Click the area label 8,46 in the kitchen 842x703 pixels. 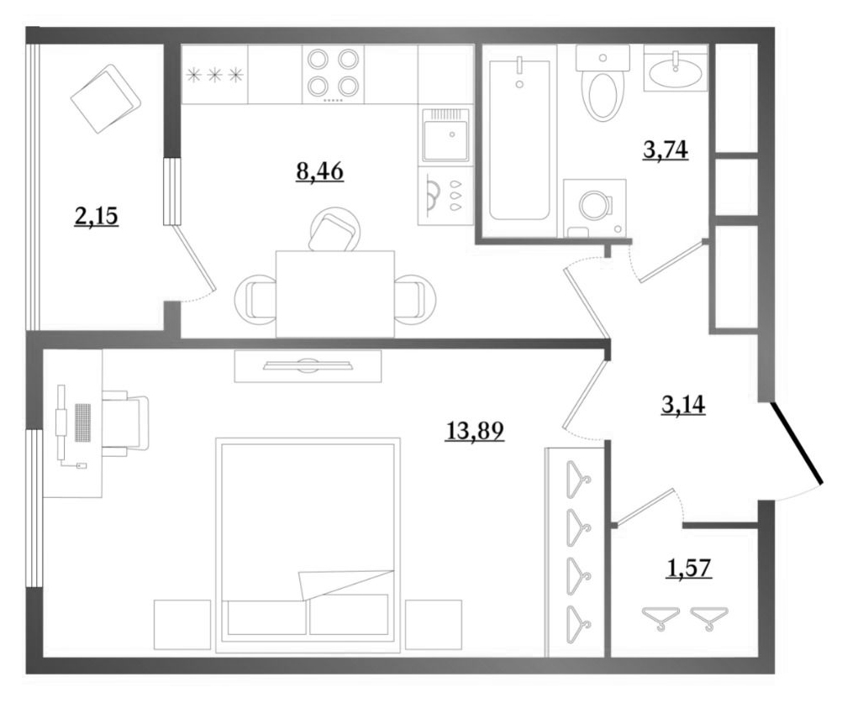pos(319,171)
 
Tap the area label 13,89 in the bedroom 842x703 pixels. pos(475,430)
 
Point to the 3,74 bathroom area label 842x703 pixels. pos(666,150)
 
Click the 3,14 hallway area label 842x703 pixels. pos(683,405)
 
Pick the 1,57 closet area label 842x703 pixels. pos(689,568)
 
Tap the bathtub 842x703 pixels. pos(519,139)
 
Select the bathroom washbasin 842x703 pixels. pos(676,71)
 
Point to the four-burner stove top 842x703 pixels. pos(333,73)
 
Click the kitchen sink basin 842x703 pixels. pos(445,135)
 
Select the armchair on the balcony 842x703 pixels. pos(105,99)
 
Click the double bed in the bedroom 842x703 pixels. pos(308,545)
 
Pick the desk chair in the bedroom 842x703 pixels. pos(126,423)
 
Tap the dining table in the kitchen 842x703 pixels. pos(335,294)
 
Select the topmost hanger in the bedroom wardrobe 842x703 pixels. pos(579,480)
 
